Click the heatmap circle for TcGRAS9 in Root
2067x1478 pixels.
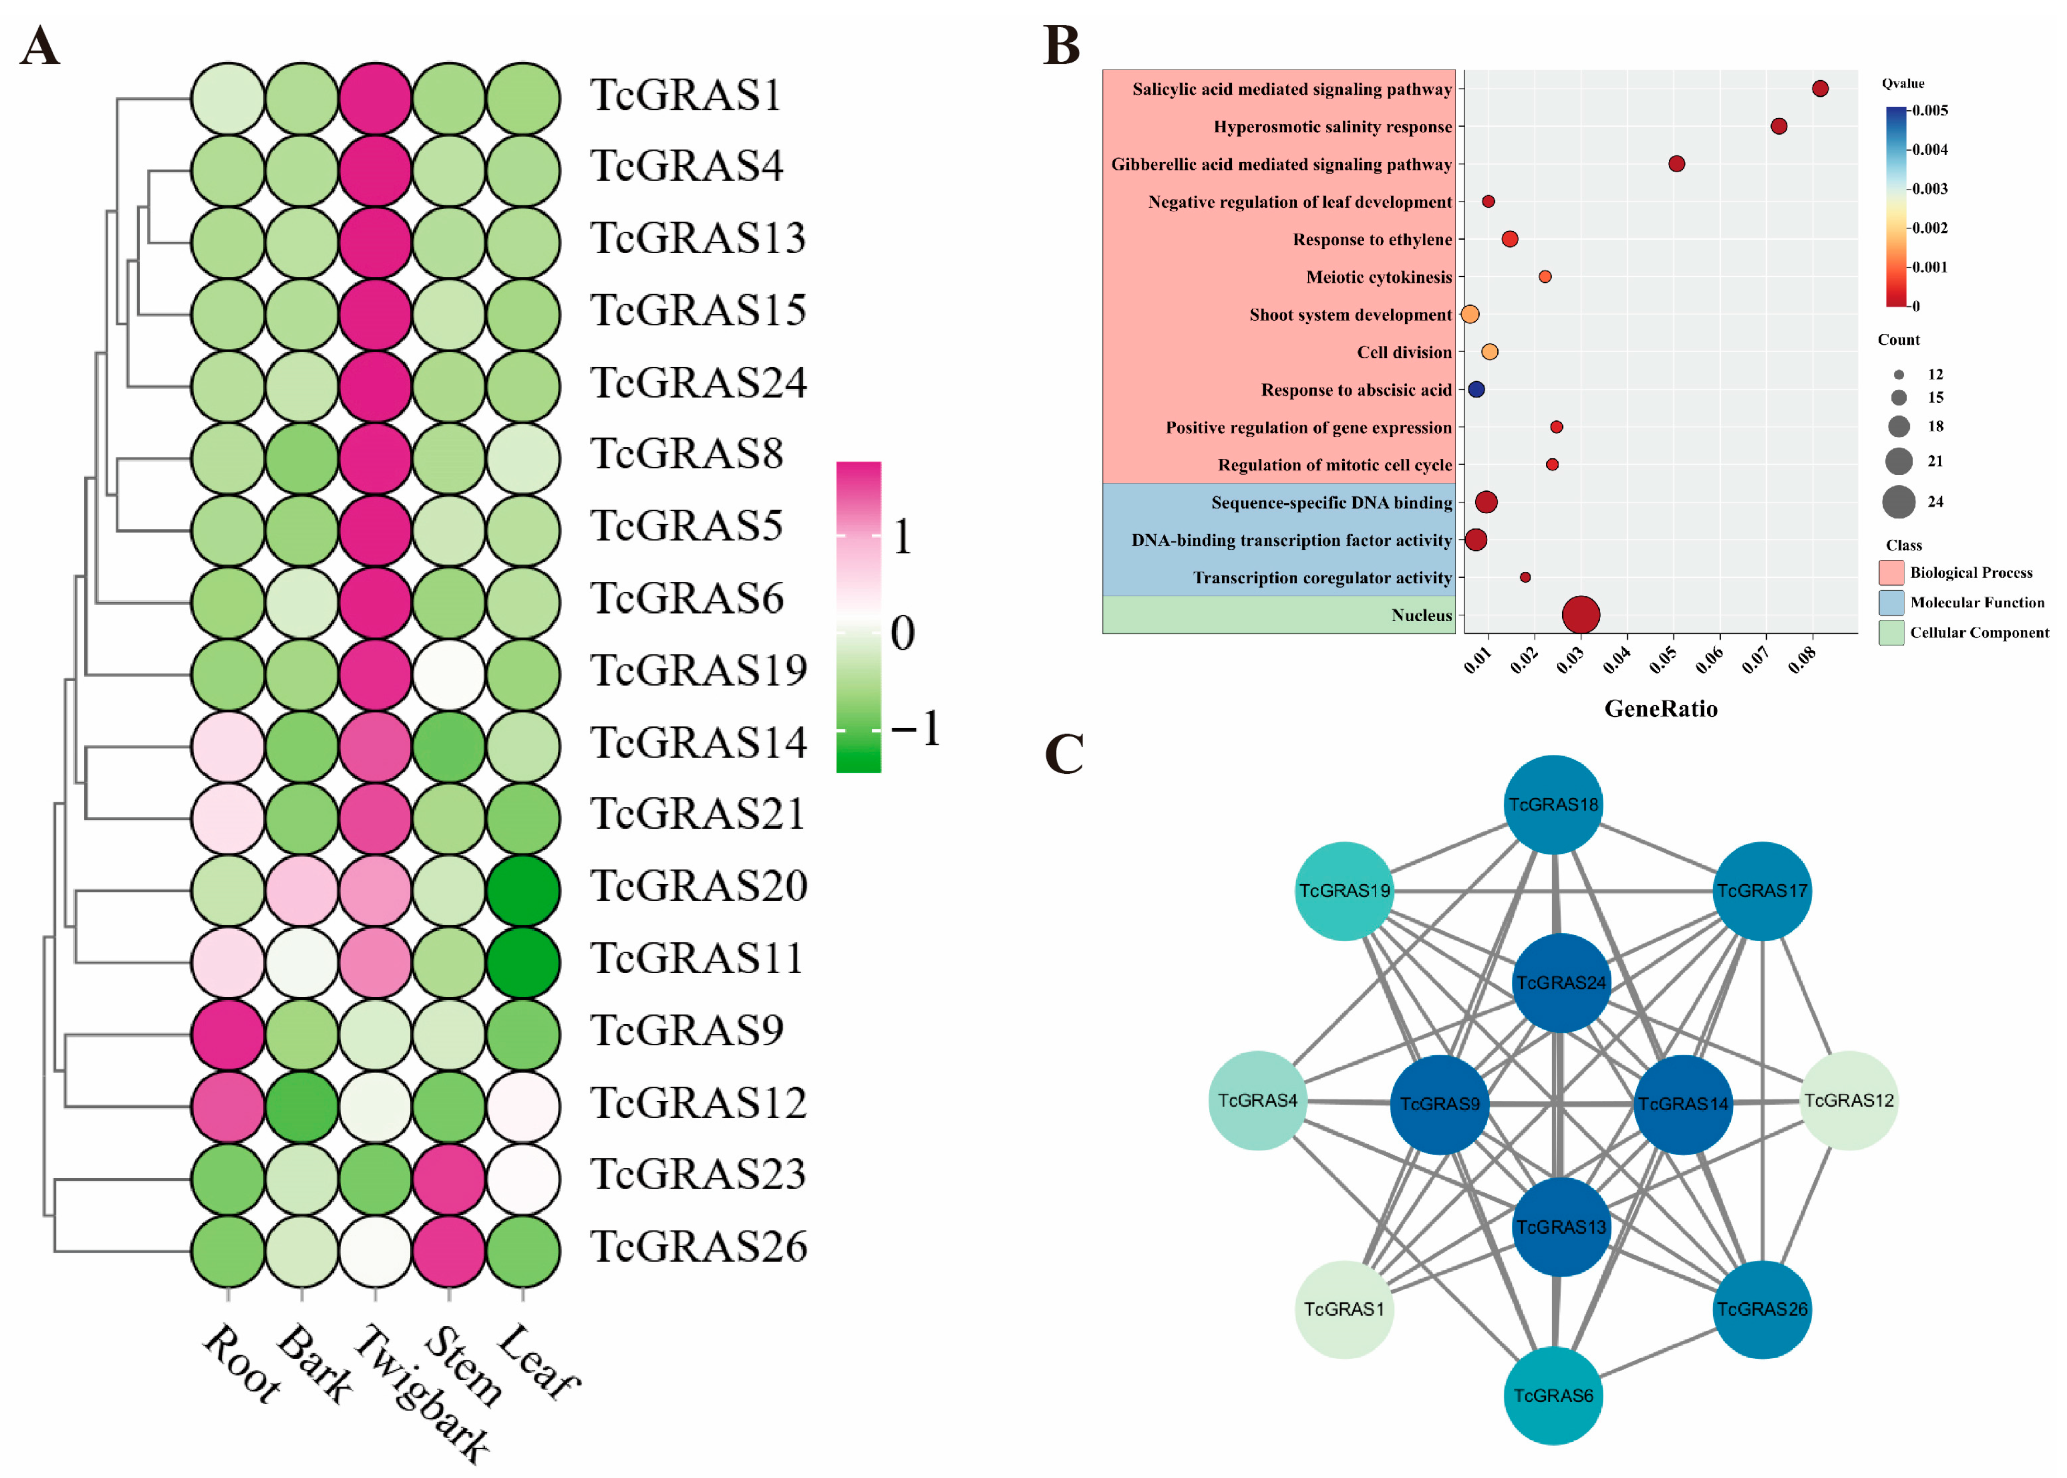pos(229,1034)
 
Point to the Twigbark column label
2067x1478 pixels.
pos(421,1392)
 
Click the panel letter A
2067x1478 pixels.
pos(40,46)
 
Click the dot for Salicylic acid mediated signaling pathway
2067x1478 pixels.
pos(1819,88)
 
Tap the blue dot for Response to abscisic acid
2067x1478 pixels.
pos(1476,390)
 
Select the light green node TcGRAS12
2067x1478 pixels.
pos(1849,1100)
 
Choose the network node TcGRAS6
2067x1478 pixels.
pos(1553,1395)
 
